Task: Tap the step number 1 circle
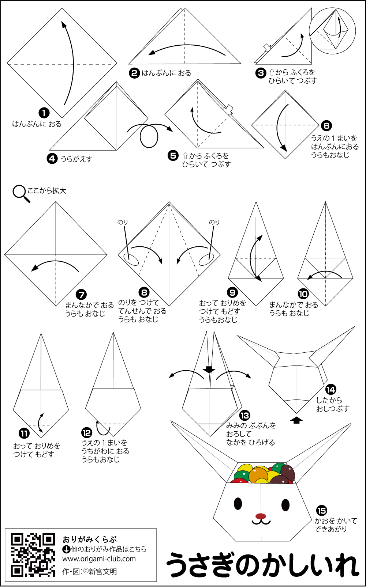44,113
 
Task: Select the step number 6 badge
326,126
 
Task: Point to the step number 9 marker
232,292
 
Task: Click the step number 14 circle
331,390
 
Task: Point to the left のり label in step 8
123,222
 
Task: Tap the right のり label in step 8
214,222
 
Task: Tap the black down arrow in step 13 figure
209,370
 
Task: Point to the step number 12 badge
87,433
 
